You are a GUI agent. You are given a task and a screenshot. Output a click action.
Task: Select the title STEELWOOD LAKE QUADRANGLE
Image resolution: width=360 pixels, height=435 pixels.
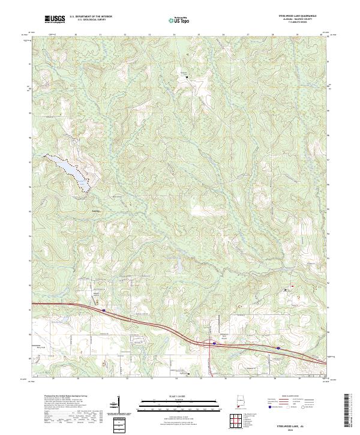click(294, 16)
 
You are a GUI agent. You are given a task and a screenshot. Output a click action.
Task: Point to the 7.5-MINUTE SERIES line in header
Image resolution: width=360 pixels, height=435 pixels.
click(294, 25)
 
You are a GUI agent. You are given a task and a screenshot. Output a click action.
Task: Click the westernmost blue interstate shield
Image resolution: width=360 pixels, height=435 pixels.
click(104, 311)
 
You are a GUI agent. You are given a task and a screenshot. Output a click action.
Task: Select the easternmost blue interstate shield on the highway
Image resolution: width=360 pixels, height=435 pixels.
click(278, 347)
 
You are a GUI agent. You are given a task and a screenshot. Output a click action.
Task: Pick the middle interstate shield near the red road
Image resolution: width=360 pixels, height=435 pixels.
click(214, 343)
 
